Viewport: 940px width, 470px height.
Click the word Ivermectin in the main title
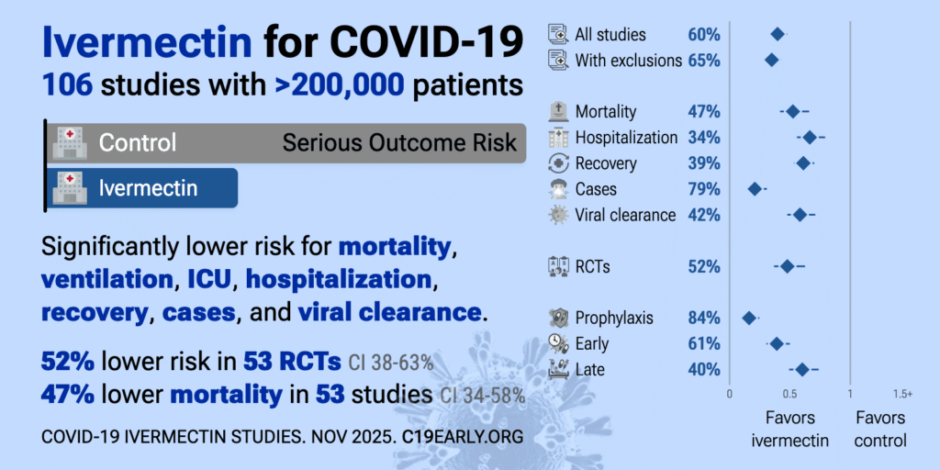(x=147, y=41)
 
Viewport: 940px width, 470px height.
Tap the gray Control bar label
(x=138, y=143)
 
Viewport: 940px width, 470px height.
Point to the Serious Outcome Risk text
(x=399, y=143)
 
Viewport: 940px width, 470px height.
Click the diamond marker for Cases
(x=755, y=189)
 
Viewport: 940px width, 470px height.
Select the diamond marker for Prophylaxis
(x=749, y=319)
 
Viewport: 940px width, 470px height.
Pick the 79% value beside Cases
(x=704, y=189)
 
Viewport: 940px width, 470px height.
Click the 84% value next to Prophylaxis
(x=704, y=319)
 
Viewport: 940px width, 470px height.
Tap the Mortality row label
(x=605, y=112)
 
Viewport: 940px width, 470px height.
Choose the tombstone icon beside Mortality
(x=557, y=112)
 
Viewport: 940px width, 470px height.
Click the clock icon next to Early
(x=557, y=343)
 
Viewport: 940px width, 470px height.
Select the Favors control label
(x=880, y=429)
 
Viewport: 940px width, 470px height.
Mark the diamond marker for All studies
(x=778, y=35)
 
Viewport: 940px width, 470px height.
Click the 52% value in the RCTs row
(x=704, y=267)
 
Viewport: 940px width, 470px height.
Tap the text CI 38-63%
(x=391, y=362)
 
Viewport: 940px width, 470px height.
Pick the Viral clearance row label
(x=625, y=215)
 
